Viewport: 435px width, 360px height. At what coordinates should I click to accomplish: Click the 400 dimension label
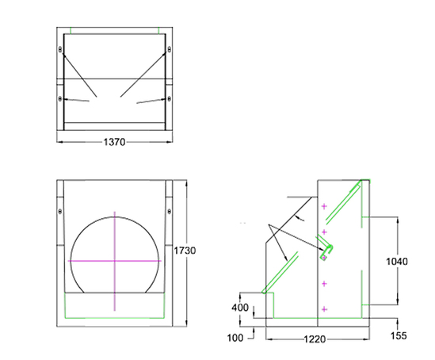tap(239, 308)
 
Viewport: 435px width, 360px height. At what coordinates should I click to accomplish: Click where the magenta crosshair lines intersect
tap(115, 261)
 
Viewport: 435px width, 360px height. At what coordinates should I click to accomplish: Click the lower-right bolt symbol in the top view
tap(168, 98)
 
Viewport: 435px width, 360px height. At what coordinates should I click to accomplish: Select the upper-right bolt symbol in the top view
tap(168, 49)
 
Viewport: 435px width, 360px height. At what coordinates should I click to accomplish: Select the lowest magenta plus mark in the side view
tap(325, 308)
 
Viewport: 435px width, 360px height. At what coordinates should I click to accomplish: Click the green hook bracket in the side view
tap(326, 252)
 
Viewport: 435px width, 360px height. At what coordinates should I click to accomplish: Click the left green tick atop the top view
tap(71, 32)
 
